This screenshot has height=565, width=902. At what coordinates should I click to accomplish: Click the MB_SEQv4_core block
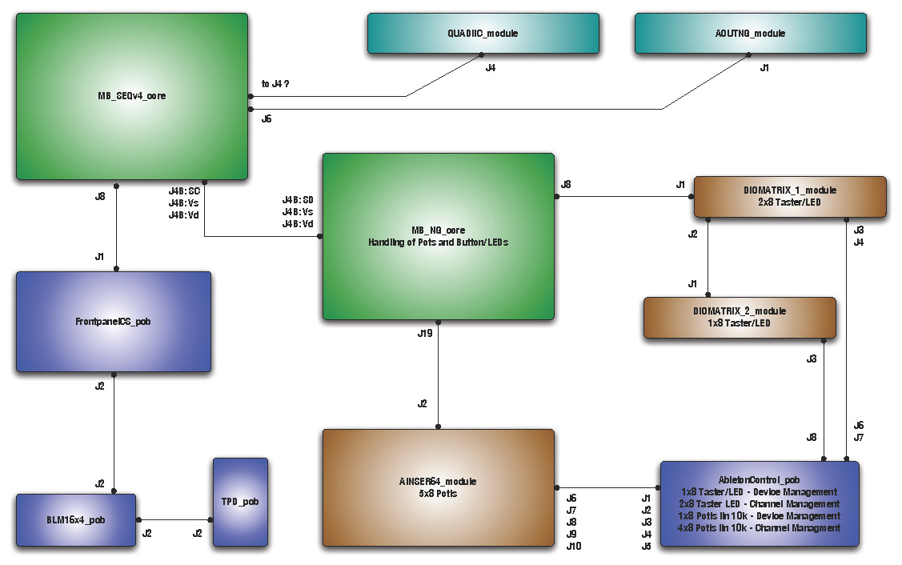pyautogui.click(x=132, y=96)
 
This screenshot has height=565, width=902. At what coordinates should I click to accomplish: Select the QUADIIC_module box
pyautogui.click(x=483, y=34)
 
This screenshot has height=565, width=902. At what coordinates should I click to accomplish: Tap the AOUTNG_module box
pyautogui.click(x=750, y=34)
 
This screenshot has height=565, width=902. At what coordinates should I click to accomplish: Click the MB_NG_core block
pyautogui.click(x=438, y=236)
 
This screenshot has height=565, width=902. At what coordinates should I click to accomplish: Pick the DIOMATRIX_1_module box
pyautogui.click(x=789, y=196)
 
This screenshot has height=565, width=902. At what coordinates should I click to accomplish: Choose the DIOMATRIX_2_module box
pyautogui.click(x=740, y=317)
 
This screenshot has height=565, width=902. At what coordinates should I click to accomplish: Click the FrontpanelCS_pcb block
pyautogui.click(x=114, y=322)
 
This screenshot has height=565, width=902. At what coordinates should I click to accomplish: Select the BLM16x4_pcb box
pyautogui.click(x=76, y=520)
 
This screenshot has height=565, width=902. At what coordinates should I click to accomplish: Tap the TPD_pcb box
pyautogui.click(x=240, y=502)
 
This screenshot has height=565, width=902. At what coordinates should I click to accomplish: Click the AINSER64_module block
pyautogui.click(x=438, y=487)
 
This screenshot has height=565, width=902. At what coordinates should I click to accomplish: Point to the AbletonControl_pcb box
pyautogui.click(x=759, y=504)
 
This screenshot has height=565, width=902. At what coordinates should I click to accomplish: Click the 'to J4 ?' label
pyautogui.click(x=275, y=83)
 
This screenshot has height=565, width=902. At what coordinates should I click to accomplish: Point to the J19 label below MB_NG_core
pyautogui.click(x=425, y=332)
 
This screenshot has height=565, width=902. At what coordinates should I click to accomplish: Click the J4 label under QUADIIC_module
pyautogui.click(x=491, y=68)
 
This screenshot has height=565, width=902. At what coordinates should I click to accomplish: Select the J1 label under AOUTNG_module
pyautogui.click(x=764, y=68)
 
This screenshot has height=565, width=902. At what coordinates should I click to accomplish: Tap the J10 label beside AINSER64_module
pyautogui.click(x=573, y=547)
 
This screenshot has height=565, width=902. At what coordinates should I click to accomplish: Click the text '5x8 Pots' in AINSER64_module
pyautogui.click(x=438, y=493)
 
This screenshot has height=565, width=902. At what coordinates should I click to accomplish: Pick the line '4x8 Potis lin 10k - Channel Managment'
pyautogui.click(x=759, y=528)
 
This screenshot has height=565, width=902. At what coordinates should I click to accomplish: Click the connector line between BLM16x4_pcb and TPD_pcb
pyautogui.click(x=174, y=520)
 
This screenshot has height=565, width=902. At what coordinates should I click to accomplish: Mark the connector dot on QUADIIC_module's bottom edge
pyautogui.click(x=481, y=55)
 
